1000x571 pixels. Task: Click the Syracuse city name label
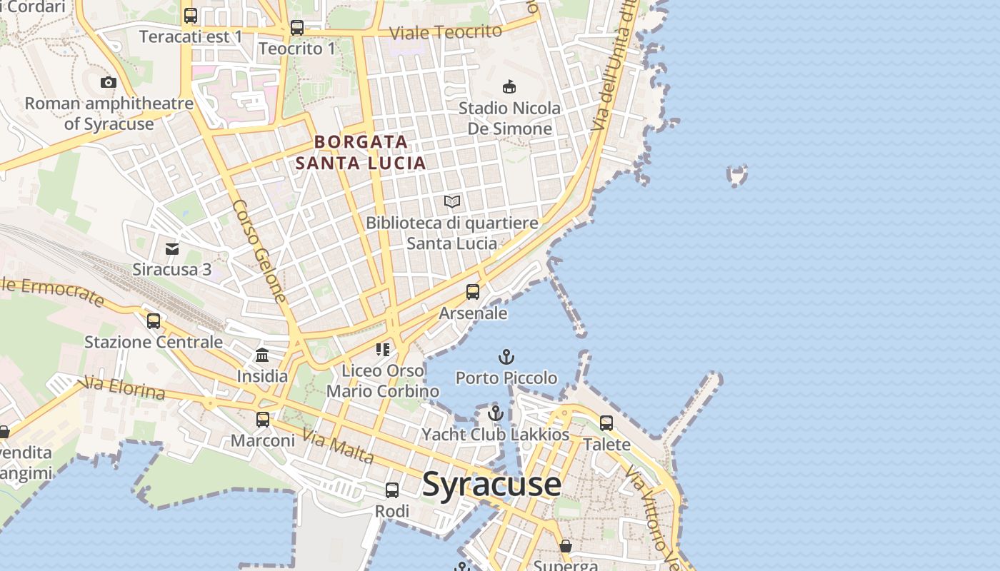click(x=491, y=485)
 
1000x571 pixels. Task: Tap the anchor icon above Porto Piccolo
click(x=506, y=356)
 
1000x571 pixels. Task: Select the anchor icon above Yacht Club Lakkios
click(x=495, y=413)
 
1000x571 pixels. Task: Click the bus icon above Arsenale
click(x=473, y=292)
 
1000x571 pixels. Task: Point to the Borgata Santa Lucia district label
click(x=361, y=152)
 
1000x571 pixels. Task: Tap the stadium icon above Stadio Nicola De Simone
click(x=509, y=87)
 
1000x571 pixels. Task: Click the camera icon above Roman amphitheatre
click(x=109, y=82)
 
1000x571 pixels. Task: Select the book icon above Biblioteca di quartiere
click(x=452, y=202)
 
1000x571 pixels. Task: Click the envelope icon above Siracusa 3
click(x=172, y=248)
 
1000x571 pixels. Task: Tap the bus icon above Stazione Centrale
click(x=154, y=320)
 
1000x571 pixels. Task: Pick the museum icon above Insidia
click(x=262, y=355)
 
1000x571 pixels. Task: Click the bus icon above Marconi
click(x=263, y=419)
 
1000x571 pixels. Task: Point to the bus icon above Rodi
click(x=392, y=490)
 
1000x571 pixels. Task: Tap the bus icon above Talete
click(x=606, y=423)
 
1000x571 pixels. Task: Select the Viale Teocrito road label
click(x=447, y=32)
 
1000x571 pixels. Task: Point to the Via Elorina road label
click(x=124, y=389)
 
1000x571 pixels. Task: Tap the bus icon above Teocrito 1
click(x=297, y=28)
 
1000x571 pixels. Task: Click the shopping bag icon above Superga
click(x=566, y=546)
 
